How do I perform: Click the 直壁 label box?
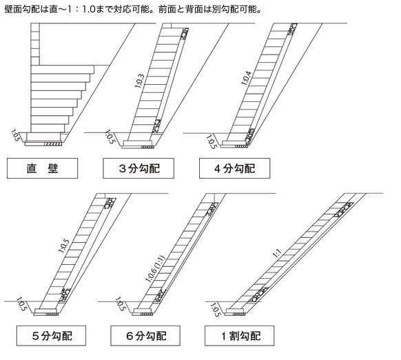42,168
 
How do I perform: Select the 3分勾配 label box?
138,168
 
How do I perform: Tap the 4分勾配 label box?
235,168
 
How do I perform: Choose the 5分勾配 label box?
52,336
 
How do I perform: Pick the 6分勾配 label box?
145,336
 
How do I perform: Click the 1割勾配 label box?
239,336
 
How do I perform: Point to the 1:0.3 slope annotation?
140,81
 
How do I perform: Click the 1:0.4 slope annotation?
246,78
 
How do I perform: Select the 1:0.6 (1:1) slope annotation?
155,269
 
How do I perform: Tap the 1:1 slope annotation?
277,253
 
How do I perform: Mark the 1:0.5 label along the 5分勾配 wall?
63,246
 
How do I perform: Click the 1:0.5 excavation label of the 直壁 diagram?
15,136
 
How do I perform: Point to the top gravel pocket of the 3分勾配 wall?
185,34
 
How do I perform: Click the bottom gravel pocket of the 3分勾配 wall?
156,126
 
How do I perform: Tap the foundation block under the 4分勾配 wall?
234,143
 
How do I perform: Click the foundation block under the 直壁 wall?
43,137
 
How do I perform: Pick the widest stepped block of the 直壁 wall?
63,70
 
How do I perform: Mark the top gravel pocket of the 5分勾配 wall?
110,203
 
